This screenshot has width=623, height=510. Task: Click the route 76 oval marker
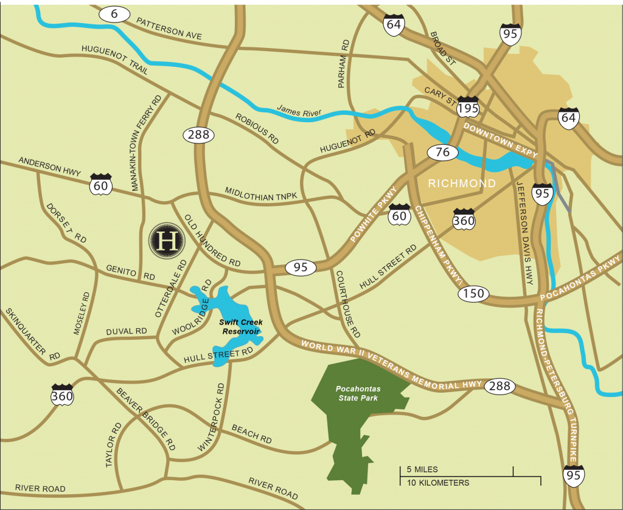[x=443, y=152]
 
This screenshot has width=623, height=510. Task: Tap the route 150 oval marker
[x=473, y=294]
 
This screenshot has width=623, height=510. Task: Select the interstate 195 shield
[x=468, y=107]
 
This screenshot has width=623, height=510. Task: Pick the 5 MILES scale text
[x=422, y=470]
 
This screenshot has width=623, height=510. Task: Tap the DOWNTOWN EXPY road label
[x=501, y=141]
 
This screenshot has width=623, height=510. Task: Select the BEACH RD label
[x=252, y=433]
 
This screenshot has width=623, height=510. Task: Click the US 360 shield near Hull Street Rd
[x=464, y=219]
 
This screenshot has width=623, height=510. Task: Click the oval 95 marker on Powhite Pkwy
[x=301, y=267]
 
